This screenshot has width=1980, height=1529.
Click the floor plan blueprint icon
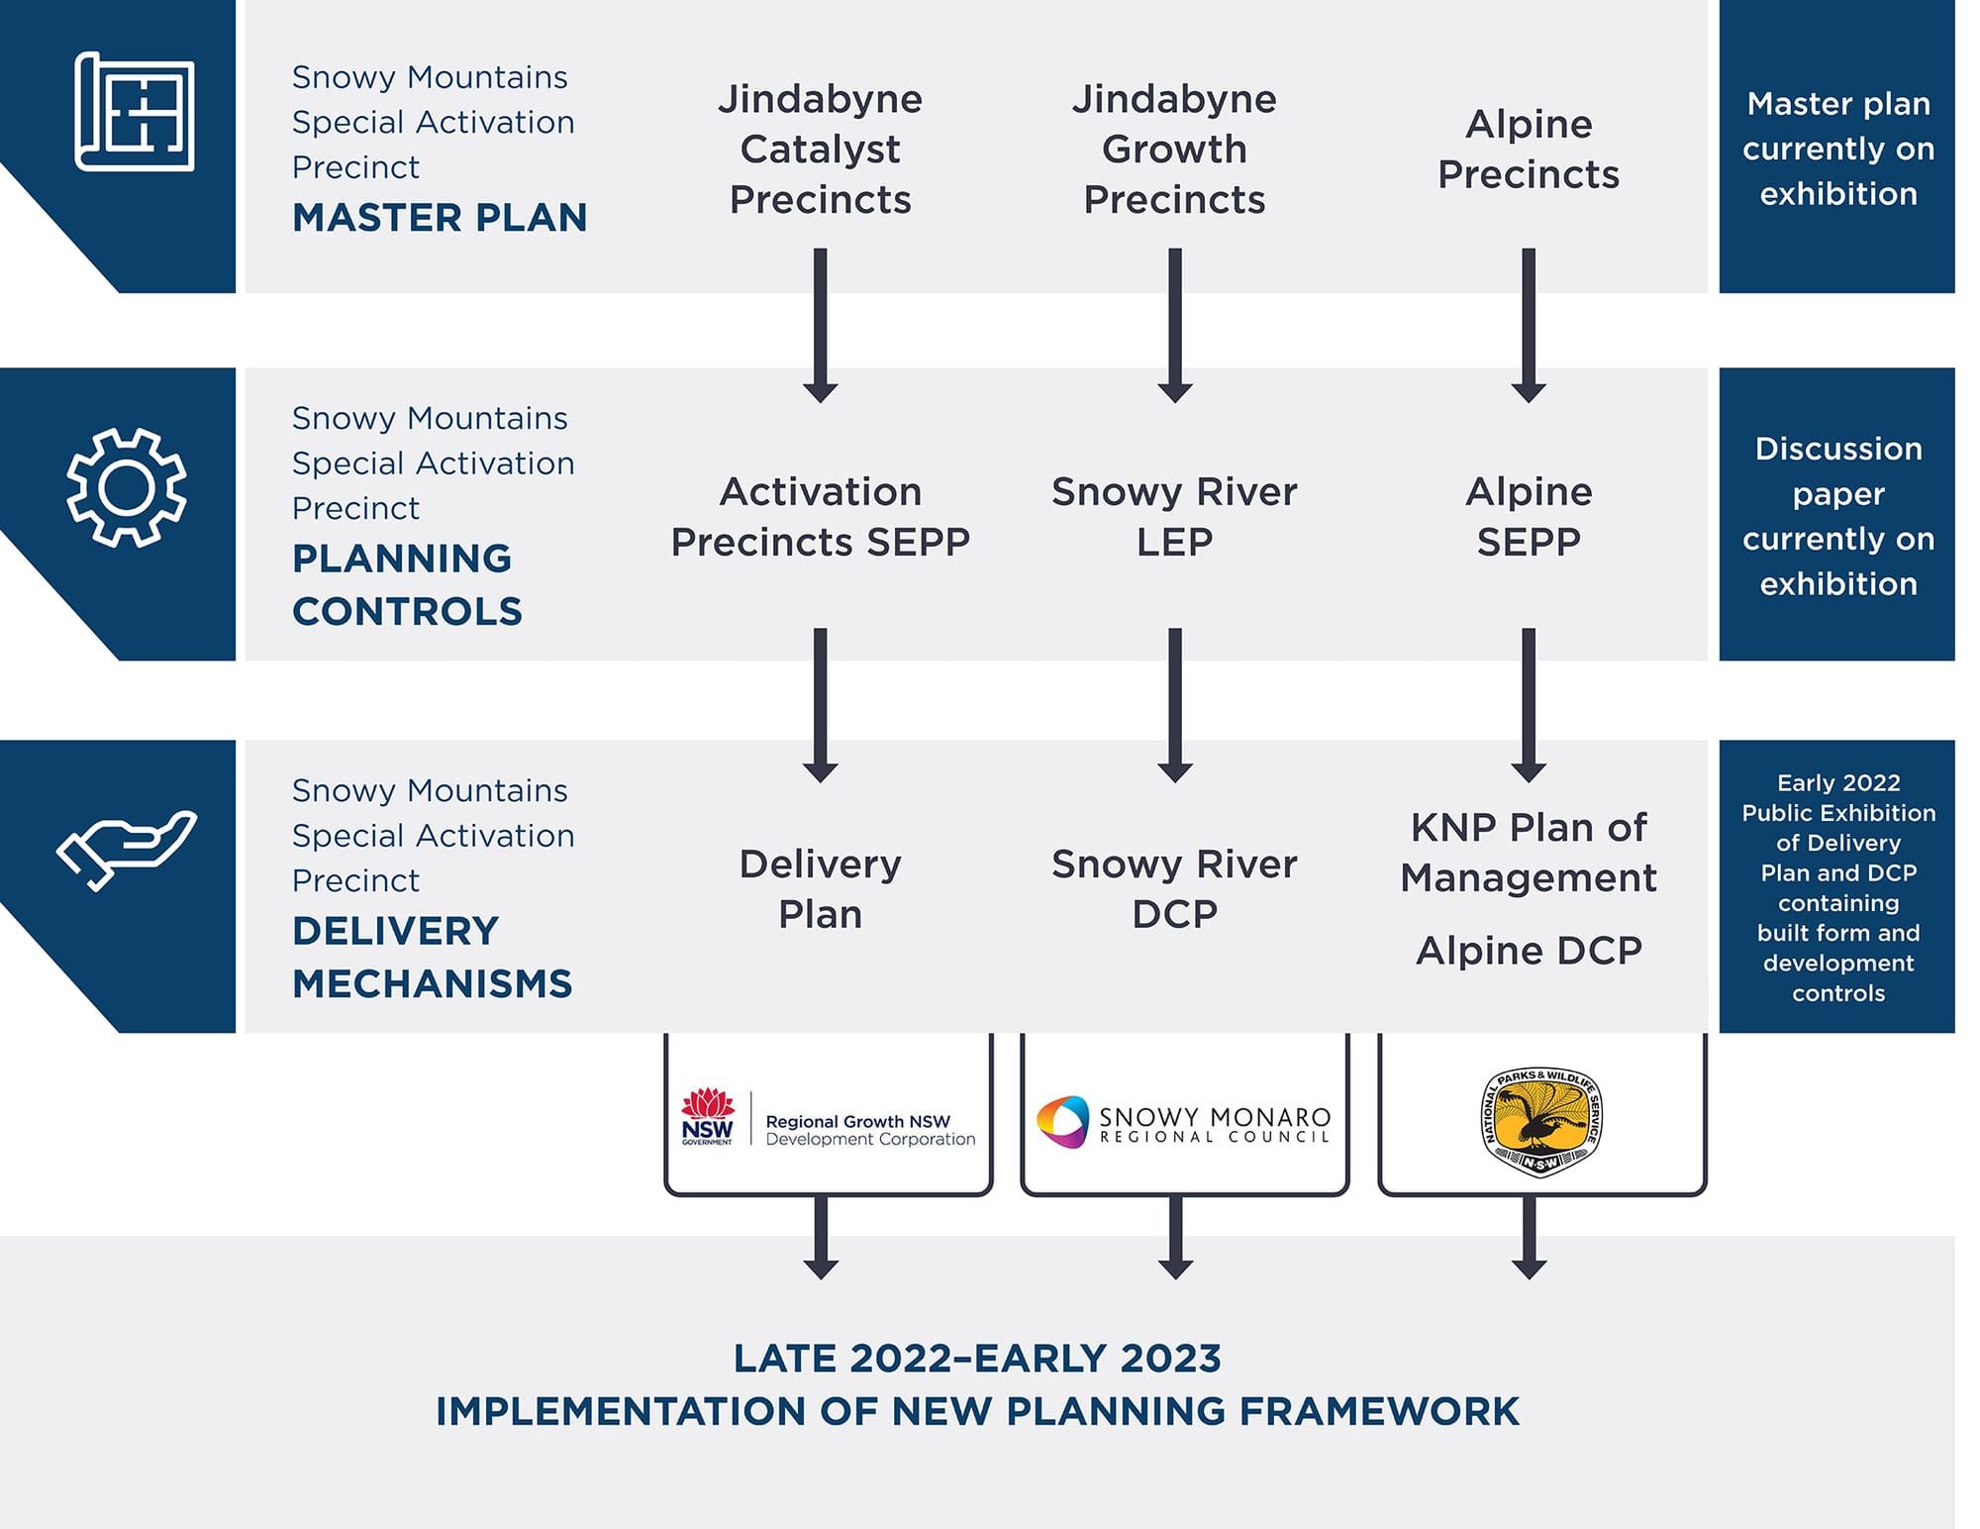(x=135, y=111)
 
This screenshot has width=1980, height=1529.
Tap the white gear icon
(x=126, y=487)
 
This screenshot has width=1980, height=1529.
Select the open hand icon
(x=126, y=850)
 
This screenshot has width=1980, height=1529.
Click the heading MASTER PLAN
(x=440, y=218)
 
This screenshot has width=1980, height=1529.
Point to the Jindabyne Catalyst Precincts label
(x=820, y=150)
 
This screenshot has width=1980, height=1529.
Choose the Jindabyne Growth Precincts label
(x=1174, y=150)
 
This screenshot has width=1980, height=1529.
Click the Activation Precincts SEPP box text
(x=820, y=516)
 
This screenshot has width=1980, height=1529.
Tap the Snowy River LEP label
(x=1174, y=516)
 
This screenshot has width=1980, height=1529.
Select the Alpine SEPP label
(x=1529, y=516)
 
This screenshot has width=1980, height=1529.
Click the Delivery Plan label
(x=820, y=888)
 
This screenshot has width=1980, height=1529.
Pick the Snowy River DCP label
(x=1174, y=888)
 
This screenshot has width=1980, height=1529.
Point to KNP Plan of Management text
(x=1529, y=852)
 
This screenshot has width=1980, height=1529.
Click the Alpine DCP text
(x=1529, y=951)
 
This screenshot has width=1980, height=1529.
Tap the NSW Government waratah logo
(x=708, y=1117)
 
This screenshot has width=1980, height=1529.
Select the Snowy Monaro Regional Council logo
(x=1184, y=1122)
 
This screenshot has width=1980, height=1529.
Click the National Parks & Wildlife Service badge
(x=1541, y=1122)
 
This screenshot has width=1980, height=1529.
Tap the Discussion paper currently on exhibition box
(x=1837, y=515)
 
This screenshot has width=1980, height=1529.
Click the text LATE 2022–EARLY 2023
(x=977, y=1359)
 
